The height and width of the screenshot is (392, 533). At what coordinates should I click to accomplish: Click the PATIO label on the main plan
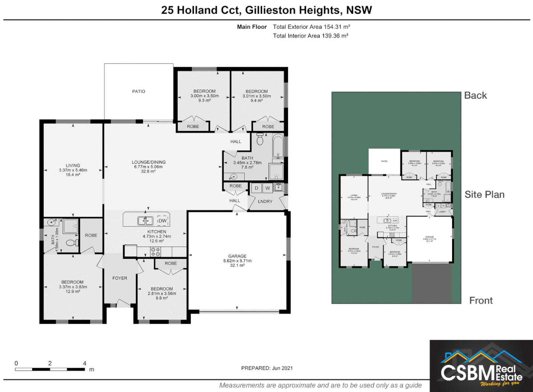pyautogui.click(x=138, y=91)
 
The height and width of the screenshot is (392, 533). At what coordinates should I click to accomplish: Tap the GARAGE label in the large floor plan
pyautogui.click(x=237, y=256)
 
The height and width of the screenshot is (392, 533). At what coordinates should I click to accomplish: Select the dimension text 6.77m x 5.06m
pyautogui.click(x=148, y=167)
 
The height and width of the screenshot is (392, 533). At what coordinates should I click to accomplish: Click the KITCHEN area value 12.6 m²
pyautogui.click(x=157, y=241)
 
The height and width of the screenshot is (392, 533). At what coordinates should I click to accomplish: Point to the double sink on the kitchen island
pyautogui.click(x=145, y=220)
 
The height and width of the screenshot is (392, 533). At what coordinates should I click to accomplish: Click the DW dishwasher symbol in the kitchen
pyautogui.click(x=162, y=221)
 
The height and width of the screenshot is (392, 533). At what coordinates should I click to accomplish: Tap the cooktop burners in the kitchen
pyautogui.click(x=156, y=252)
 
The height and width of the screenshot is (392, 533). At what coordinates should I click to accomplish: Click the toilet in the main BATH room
pyautogui.click(x=260, y=139)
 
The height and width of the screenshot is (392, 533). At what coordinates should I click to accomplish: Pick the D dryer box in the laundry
pyautogui.click(x=257, y=188)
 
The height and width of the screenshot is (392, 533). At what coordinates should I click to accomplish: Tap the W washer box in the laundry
pyautogui.click(x=267, y=188)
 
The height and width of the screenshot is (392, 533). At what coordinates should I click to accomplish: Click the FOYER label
pyautogui.click(x=120, y=278)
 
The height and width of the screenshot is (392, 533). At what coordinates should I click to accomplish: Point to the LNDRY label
pyautogui.click(x=265, y=201)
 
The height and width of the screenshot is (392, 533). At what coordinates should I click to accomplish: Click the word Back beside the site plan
pyautogui.click(x=475, y=95)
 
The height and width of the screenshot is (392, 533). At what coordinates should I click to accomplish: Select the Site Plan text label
pyautogui.click(x=484, y=195)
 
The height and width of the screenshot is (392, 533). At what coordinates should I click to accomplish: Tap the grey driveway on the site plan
pyautogui.click(x=431, y=283)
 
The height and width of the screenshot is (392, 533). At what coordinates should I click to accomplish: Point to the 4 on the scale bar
pyautogui.click(x=85, y=363)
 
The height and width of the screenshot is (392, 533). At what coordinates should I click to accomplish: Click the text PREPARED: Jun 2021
pyautogui.click(x=267, y=368)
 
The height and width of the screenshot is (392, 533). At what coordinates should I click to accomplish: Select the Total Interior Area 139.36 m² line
pyautogui.click(x=311, y=36)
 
